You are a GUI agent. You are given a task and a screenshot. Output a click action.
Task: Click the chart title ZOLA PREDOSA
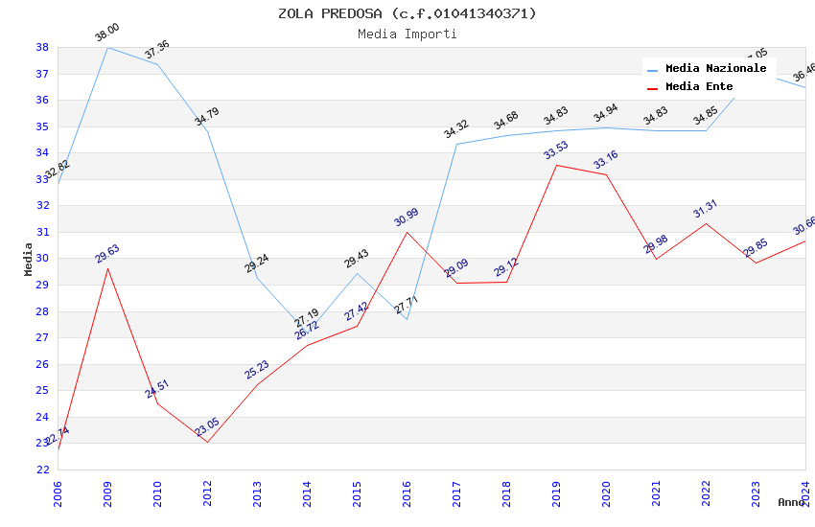(x=407, y=13)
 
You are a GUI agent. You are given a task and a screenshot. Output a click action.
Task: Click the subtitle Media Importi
(x=407, y=34)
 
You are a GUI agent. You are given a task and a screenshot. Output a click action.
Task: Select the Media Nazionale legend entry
(x=715, y=68)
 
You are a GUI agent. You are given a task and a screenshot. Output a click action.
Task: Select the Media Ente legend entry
(x=699, y=86)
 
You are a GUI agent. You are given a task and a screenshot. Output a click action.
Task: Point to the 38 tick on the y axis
(x=42, y=47)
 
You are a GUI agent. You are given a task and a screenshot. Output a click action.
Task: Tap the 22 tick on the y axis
(x=42, y=470)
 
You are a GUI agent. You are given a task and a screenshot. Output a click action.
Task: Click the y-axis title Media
(x=29, y=259)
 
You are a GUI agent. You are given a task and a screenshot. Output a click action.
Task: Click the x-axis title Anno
(x=791, y=502)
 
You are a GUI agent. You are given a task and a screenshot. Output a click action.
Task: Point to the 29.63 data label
(x=107, y=254)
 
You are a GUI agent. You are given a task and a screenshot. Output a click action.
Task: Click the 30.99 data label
(x=407, y=218)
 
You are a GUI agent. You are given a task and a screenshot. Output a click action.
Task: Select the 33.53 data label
(x=556, y=151)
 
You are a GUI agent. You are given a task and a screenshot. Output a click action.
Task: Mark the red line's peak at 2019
(x=556, y=165)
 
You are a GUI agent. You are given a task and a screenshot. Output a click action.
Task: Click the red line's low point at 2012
(x=207, y=442)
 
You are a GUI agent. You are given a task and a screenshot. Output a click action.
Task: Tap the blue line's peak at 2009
(x=107, y=47)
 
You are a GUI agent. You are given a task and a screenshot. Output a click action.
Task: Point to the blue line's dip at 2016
(x=407, y=319)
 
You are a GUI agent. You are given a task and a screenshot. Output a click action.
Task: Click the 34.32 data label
(x=456, y=130)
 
